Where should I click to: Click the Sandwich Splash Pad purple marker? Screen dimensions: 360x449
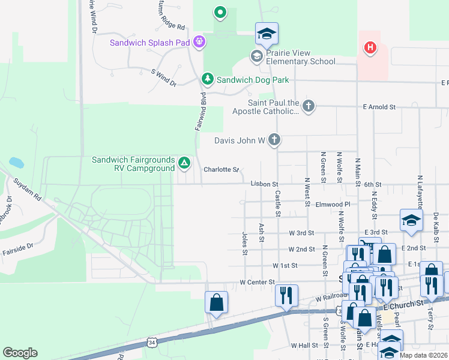pos(199,42)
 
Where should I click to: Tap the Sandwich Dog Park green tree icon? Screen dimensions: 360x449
pos(208,79)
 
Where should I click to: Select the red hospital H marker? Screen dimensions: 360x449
pos(370,47)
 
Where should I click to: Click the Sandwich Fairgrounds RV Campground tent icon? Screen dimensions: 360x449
pos(184,163)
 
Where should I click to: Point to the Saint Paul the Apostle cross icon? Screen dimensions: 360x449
pos(309,106)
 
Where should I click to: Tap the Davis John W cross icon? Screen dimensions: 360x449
pos(274,140)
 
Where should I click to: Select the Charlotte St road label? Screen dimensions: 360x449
pos(221,170)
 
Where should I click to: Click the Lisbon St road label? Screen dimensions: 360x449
pos(265,184)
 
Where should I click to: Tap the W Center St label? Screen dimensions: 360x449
pos(257,281)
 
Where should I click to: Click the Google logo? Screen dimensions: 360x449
pos(20,353)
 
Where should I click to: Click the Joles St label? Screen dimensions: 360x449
pos(245,244)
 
